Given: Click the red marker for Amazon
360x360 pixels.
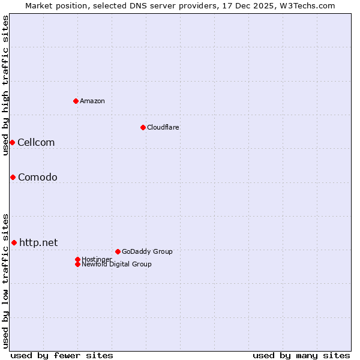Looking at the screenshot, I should pyautogui.click(x=76, y=101).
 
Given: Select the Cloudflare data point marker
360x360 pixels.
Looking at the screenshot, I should pyautogui.click(x=143, y=127).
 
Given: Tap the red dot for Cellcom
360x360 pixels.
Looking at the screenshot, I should pyautogui.click(x=12, y=142).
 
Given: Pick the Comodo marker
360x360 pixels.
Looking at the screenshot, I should pyautogui.click(x=13, y=177).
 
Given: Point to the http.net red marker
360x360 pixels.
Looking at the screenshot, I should pyautogui.click(x=14, y=242).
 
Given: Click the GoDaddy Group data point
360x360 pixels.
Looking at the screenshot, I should pyautogui.click(x=118, y=251).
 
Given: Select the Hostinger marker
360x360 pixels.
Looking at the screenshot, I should pyautogui.click(x=77, y=259).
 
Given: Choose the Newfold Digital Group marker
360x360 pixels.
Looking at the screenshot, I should pyautogui.click(x=77, y=264).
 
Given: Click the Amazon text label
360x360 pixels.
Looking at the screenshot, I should pyautogui.click(x=92, y=101).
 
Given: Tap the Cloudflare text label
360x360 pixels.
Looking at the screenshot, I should pyautogui.click(x=163, y=127).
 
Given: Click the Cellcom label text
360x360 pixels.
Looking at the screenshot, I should pyautogui.click(x=36, y=142).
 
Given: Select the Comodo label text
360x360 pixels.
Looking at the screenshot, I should pyautogui.click(x=38, y=177).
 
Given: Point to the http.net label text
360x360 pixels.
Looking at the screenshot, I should pyautogui.click(x=39, y=242).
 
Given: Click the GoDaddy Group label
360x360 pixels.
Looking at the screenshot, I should pyautogui.click(x=147, y=251).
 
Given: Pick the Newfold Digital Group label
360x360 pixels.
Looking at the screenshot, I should pyautogui.click(x=117, y=264).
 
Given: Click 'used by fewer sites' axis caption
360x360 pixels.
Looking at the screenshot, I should pyautogui.click(x=62, y=355).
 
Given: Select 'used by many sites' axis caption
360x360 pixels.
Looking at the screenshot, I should pyautogui.click(x=301, y=355).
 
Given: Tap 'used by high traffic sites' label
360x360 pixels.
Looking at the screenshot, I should pyautogui.click(x=5, y=85).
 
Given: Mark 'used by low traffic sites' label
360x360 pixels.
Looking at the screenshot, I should pyautogui.click(x=5, y=280).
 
